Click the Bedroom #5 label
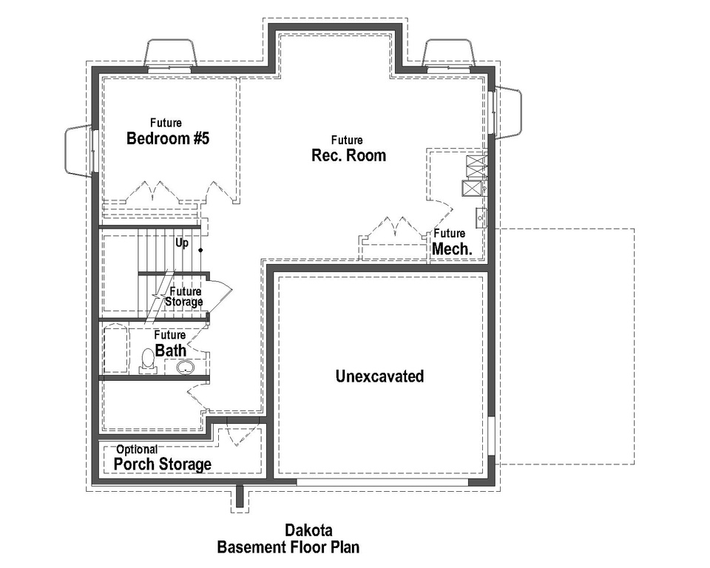168,138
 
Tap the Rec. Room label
348,155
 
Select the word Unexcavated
379,376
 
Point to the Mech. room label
452,249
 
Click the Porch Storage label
163,464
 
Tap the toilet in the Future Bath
148,361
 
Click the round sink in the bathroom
184,367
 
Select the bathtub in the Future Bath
116,351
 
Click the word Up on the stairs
182,243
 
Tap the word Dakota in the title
308,530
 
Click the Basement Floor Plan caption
288,548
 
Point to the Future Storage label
184,297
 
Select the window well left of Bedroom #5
79,150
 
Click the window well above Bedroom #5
171,54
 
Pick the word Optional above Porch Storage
137,449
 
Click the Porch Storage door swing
240,433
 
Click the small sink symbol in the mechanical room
480,217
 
